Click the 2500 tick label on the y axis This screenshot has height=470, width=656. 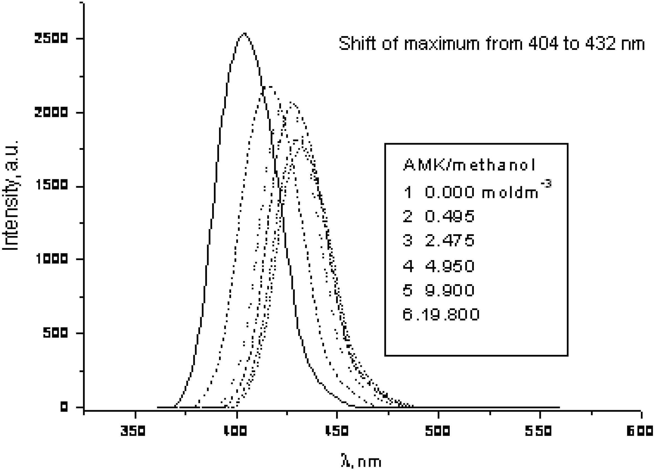(51, 39)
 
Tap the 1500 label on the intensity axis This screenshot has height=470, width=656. (51, 185)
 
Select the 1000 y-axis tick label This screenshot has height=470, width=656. (52, 259)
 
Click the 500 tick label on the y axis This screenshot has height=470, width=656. (55, 333)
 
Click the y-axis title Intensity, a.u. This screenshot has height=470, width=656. (11, 195)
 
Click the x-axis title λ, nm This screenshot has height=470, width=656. (361, 461)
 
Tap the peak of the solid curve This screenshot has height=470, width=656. (244, 34)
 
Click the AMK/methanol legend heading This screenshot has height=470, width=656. (469, 165)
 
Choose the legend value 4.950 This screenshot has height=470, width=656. (449, 266)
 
